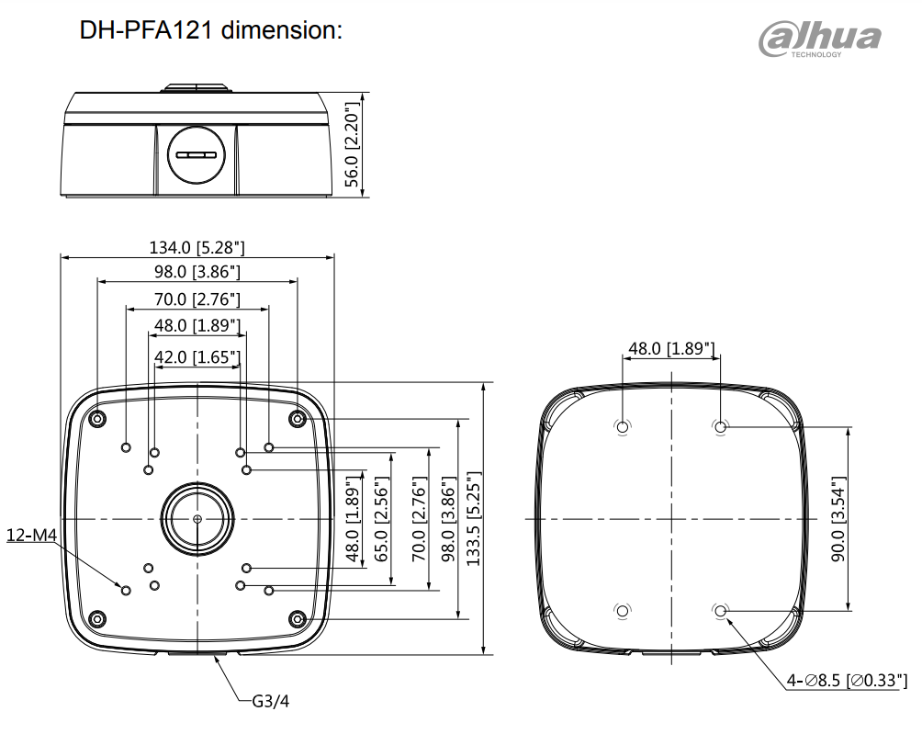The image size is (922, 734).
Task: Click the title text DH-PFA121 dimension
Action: tap(210, 29)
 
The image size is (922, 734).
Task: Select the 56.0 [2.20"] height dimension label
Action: tap(351, 144)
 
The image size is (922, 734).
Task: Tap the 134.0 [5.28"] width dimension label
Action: tap(197, 247)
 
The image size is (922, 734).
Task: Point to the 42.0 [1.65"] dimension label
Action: tap(197, 357)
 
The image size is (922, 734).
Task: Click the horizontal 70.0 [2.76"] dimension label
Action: tap(197, 299)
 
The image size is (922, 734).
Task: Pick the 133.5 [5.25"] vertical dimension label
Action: tap(473, 519)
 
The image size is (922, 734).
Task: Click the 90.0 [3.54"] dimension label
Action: tap(838, 519)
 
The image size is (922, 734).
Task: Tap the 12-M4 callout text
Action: tap(32, 536)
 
